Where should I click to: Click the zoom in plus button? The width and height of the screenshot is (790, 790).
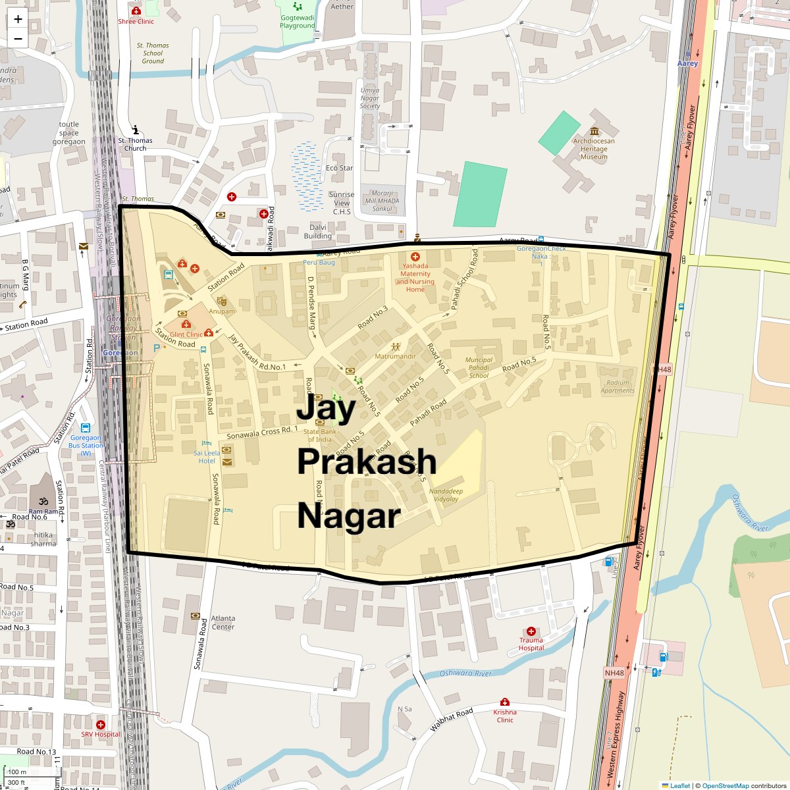click(18, 19)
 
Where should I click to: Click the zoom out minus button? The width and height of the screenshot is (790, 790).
click(18, 39)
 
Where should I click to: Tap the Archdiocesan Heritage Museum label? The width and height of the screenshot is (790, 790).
click(593, 149)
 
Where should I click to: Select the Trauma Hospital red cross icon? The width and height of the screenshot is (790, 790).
click(531, 631)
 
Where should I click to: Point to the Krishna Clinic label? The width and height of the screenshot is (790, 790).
click(505, 716)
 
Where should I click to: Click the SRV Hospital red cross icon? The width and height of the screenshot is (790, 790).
click(101, 724)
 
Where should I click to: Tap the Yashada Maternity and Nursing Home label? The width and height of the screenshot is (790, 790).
click(415, 278)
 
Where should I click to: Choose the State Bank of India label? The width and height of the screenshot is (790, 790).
click(320, 436)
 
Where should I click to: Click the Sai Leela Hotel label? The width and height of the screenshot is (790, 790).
click(207, 457)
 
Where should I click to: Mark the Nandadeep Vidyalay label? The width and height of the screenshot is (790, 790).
click(446, 495)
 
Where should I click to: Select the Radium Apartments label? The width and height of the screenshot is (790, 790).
click(618, 386)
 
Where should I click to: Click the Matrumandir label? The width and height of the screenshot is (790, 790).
click(395, 356)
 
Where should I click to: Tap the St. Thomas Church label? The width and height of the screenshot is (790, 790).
click(135, 144)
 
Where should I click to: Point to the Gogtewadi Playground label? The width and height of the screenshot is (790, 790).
click(298, 22)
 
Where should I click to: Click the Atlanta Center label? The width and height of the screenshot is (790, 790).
click(223, 623)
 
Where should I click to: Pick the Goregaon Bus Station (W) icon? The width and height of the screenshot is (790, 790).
click(86, 428)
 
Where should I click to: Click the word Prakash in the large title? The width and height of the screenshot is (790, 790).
click(367, 461)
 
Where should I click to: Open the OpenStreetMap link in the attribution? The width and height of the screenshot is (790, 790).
click(725, 785)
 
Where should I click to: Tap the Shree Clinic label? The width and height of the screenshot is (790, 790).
click(136, 21)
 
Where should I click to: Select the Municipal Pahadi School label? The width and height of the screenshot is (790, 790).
click(479, 367)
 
